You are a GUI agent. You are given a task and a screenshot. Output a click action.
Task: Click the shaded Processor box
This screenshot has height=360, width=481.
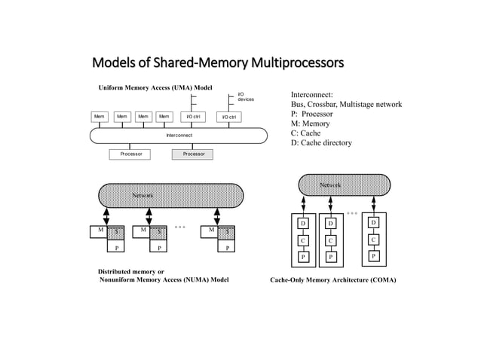point(192,154)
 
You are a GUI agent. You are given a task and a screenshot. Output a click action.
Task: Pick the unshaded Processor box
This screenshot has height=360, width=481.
point(130,154)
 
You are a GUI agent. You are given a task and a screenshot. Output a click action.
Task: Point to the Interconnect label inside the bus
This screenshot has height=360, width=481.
point(179,136)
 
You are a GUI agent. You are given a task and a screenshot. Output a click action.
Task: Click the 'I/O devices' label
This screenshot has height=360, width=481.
point(246,96)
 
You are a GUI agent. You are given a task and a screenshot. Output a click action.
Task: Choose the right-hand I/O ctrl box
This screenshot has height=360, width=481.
point(228,117)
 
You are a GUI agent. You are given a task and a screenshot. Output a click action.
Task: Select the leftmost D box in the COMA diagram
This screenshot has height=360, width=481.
point(303,224)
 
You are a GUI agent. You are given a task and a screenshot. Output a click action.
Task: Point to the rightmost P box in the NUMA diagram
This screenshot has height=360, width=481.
point(227,246)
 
